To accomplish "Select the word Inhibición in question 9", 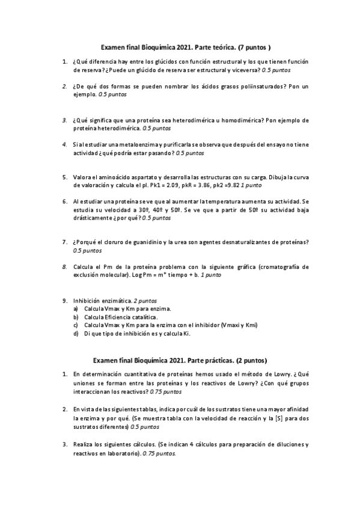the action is [88, 300].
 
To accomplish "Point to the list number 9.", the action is [65, 300].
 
